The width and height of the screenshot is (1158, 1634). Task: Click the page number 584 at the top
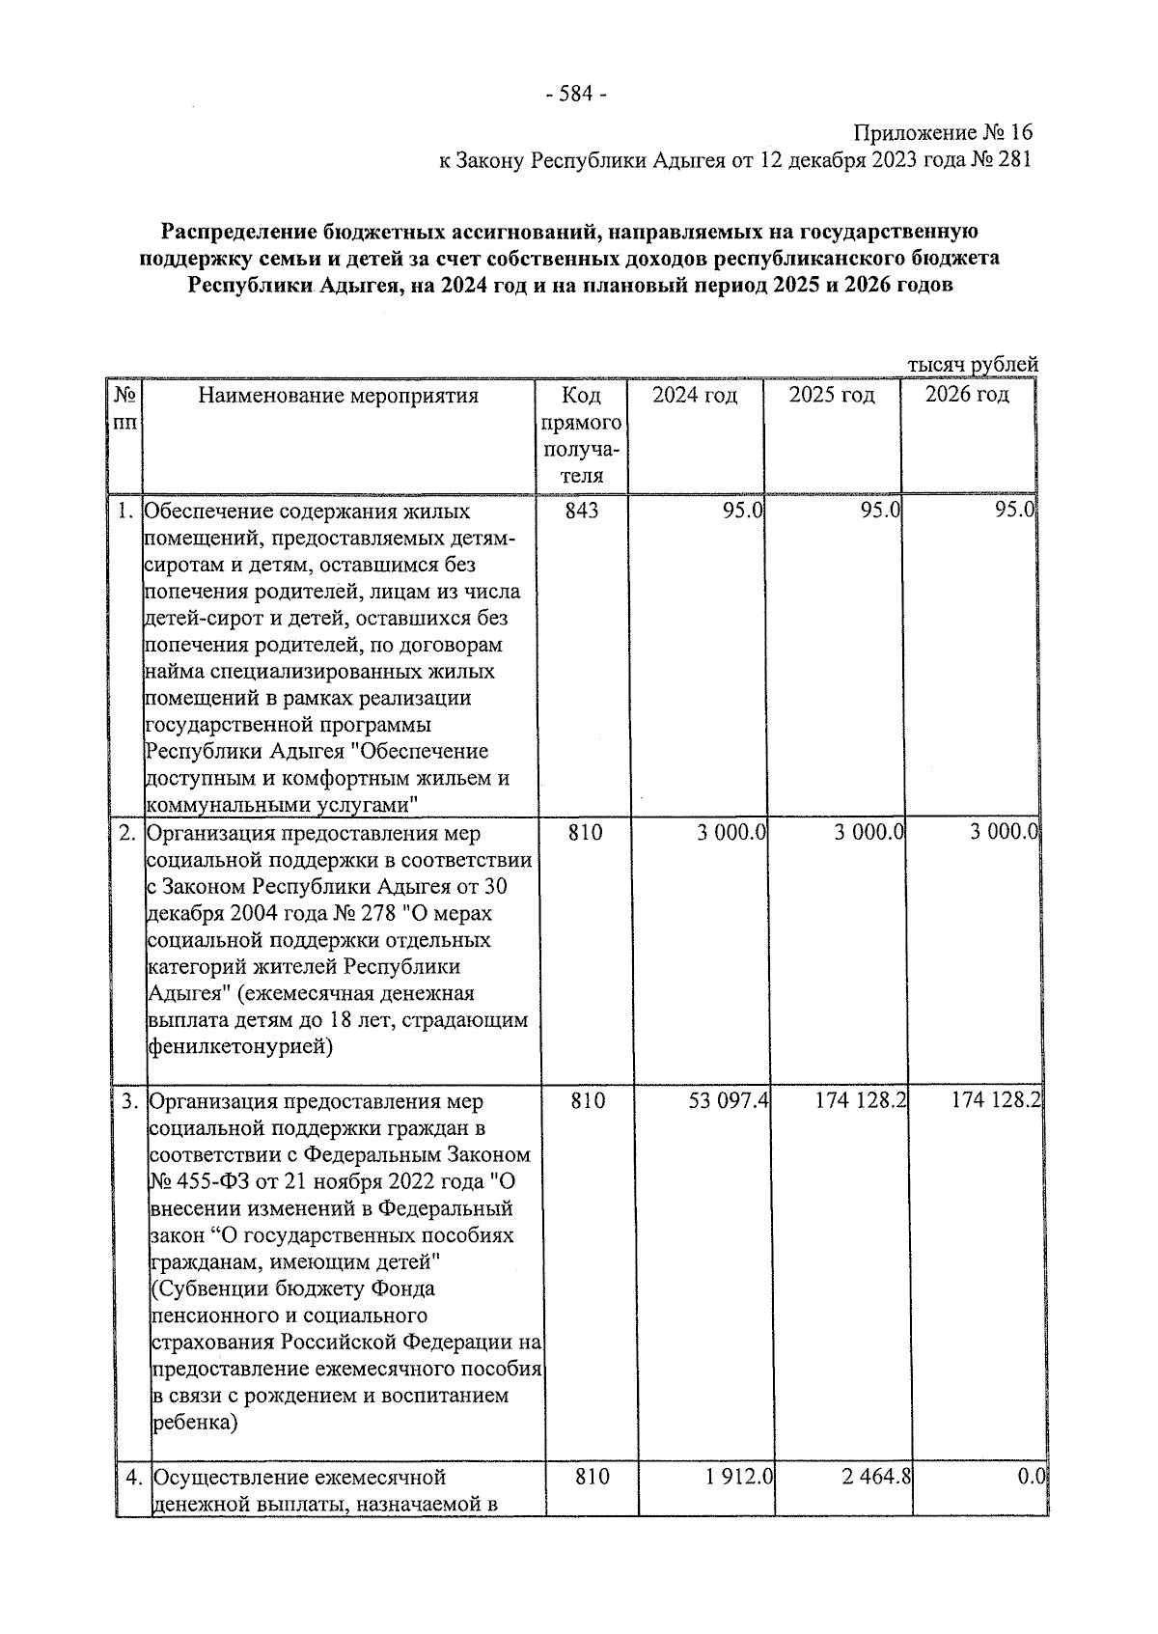tap(576, 95)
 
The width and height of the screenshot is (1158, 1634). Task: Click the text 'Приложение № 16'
tap(942, 132)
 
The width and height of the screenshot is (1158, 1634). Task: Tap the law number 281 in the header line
tap(1013, 159)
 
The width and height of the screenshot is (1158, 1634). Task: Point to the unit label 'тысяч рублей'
tap(973, 365)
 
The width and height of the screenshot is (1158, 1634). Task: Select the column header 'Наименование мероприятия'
tap(338, 396)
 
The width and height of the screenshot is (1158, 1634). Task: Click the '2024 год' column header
tap(694, 396)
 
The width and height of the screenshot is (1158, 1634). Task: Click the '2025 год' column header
tap(831, 396)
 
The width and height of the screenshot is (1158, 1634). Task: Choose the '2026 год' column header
tap(967, 396)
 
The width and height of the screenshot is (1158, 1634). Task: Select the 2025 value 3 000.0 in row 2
tap(868, 832)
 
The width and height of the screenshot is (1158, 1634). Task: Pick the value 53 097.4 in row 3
tap(728, 1101)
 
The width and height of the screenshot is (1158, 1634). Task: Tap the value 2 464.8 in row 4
tap(877, 1477)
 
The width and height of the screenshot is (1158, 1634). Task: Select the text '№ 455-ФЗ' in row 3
tap(200, 1182)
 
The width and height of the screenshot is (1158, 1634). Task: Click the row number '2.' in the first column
tap(127, 832)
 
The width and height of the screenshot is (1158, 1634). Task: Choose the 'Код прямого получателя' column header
tap(582, 435)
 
